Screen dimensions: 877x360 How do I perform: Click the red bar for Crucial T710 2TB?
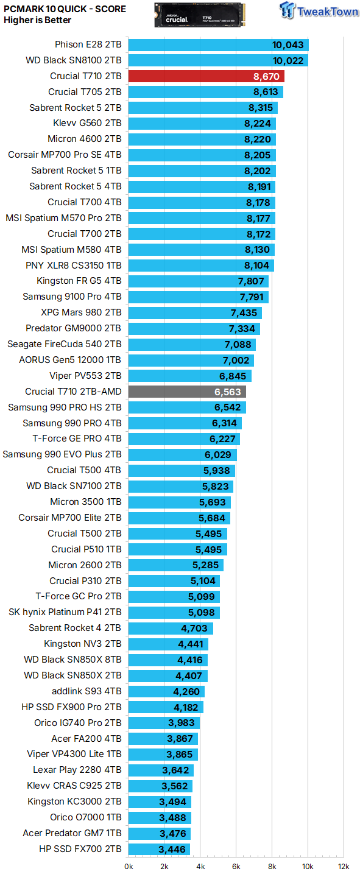[x=206, y=76]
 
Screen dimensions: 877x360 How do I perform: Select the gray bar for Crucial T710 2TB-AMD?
[x=187, y=392]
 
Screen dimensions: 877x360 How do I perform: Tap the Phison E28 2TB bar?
[x=219, y=44]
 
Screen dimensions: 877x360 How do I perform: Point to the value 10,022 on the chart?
[x=288, y=60]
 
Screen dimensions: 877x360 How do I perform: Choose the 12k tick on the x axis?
[x=344, y=866]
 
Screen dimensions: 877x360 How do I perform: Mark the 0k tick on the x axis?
[x=129, y=866]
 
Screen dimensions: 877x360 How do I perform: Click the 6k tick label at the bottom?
[x=236, y=866]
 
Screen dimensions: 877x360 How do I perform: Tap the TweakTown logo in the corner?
[x=319, y=12]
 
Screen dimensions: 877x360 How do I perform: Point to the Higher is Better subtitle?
[x=37, y=20]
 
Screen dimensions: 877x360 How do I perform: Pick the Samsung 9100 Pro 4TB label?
[x=72, y=297]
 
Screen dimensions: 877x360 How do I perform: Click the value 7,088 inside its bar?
[x=239, y=345]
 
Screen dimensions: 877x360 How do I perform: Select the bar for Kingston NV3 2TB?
[x=169, y=644]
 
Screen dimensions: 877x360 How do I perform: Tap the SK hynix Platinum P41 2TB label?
[x=65, y=611]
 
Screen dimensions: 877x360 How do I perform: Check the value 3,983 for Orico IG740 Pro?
[x=181, y=723]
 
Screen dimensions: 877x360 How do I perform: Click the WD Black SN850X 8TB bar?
[x=168, y=660]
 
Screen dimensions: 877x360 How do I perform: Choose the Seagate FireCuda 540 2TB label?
[x=65, y=344]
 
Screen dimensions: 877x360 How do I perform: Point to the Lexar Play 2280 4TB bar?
[x=161, y=770]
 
